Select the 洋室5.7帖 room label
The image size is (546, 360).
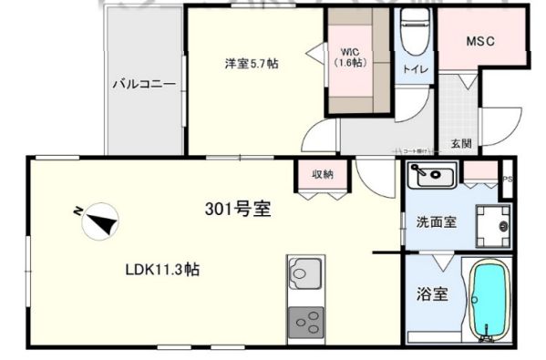[x=252, y=63]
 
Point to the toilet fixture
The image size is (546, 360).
[x=414, y=36]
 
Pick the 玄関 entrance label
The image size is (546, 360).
[x=460, y=143]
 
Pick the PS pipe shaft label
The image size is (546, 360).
[x=508, y=180]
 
